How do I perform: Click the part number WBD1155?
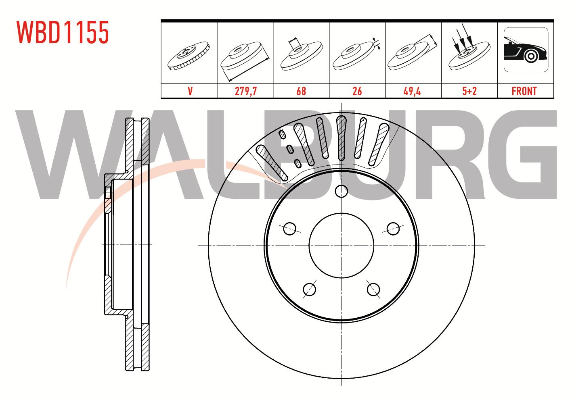[x=63, y=32]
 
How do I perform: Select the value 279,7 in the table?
[x=246, y=91]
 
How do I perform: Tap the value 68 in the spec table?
[x=301, y=91]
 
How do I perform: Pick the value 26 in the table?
[x=357, y=91]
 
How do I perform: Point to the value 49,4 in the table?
[x=412, y=91]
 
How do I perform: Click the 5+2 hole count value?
[x=469, y=91]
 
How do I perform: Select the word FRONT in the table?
[x=524, y=91]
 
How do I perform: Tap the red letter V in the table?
[x=190, y=91]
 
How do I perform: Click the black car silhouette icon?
[x=525, y=50]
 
